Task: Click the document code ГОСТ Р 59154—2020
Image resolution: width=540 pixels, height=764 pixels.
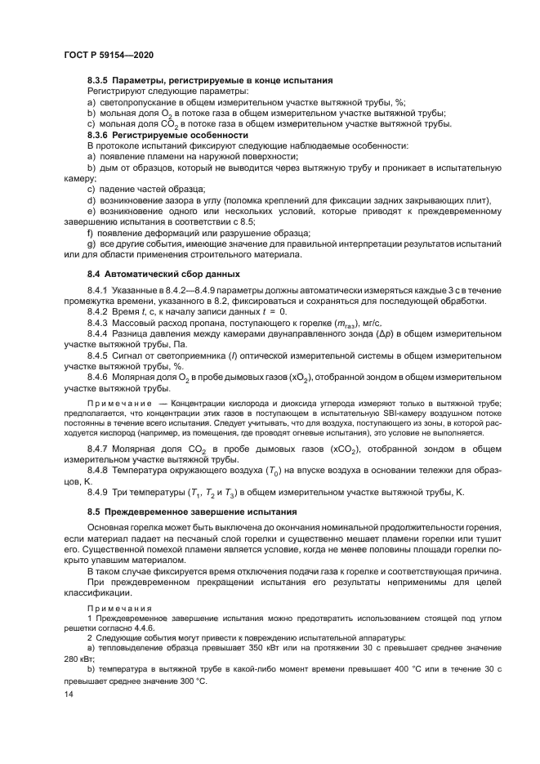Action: (x=108, y=55)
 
